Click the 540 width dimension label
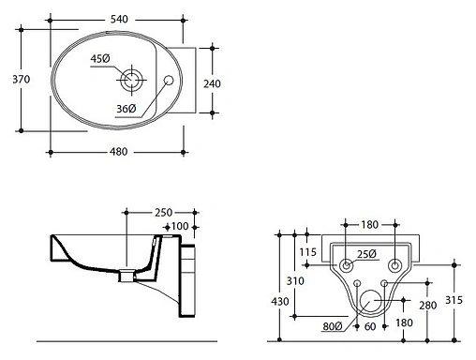click(x=119, y=20)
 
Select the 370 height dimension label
click(x=22, y=80)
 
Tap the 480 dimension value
click(x=119, y=152)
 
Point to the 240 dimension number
click(x=212, y=83)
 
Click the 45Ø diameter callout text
click(x=100, y=58)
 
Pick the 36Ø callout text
click(x=126, y=109)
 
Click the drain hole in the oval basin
click(x=131, y=80)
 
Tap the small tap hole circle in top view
click(x=169, y=81)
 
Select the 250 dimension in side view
click(x=164, y=213)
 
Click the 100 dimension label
click(x=180, y=226)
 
